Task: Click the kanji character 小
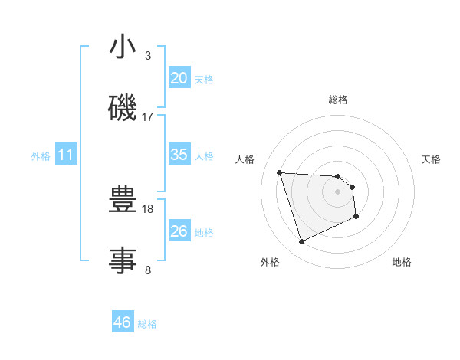click(123, 47)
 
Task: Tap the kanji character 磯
click(123, 107)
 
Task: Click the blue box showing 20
click(179, 77)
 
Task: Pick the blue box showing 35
click(179, 154)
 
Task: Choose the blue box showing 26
click(179, 231)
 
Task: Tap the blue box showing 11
click(65, 155)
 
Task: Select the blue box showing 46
click(122, 322)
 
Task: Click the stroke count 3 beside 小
click(147, 56)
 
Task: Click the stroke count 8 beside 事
click(147, 270)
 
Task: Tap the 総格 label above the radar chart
click(337, 100)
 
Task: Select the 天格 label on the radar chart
click(431, 159)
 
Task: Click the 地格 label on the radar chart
click(402, 262)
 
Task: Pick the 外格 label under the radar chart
click(270, 262)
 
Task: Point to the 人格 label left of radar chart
click(245, 159)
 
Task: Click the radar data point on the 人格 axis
click(280, 172)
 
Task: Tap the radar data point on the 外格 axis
click(301, 242)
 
